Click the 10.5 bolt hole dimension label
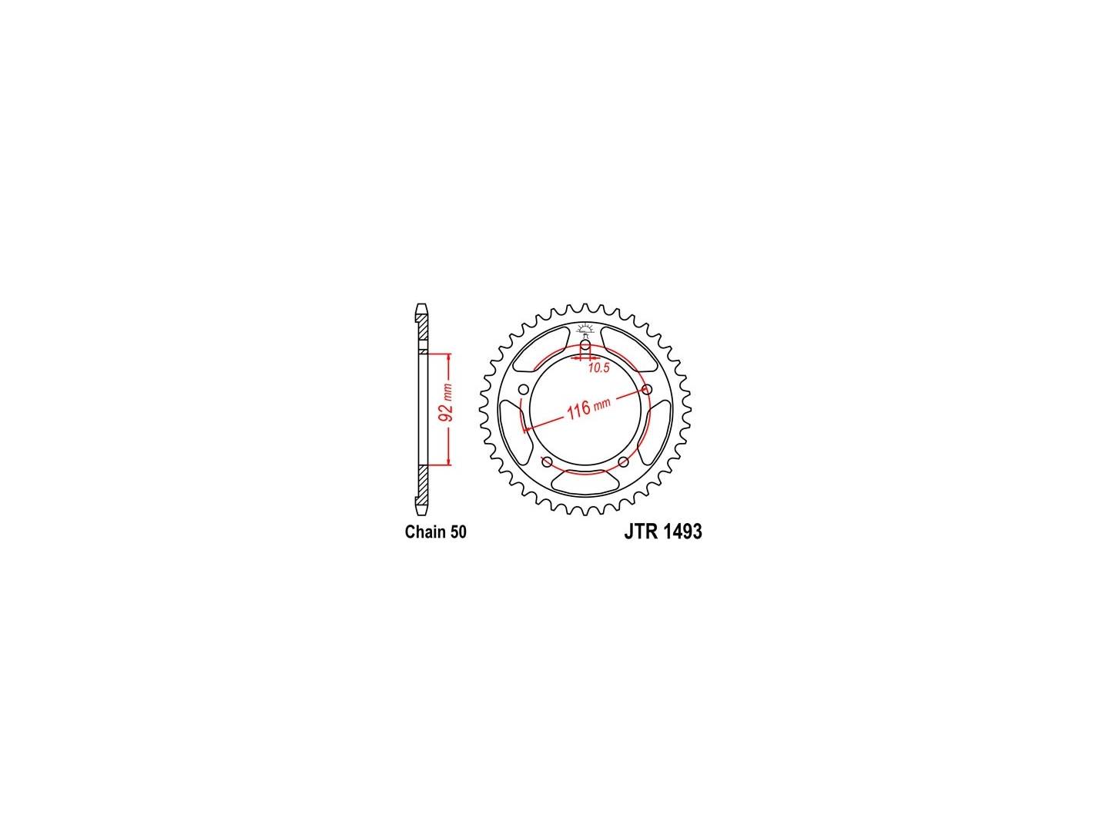(x=598, y=367)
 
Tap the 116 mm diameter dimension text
(x=588, y=408)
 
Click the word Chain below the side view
(x=425, y=532)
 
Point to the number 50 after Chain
(x=458, y=532)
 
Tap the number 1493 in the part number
(x=682, y=532)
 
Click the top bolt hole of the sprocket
(x=585, y=346)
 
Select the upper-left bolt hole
(x=524, y=390)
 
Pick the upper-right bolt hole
(x=646, y=389)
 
